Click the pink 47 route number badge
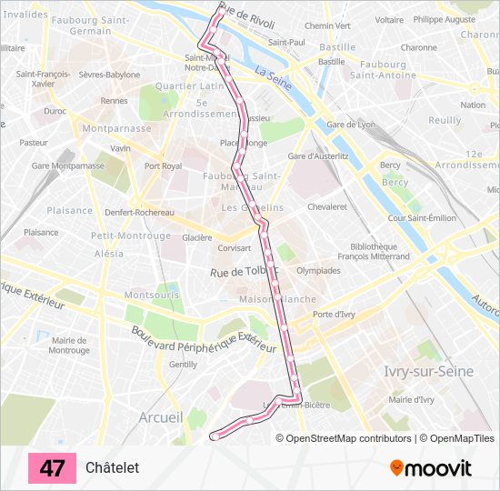[x=52, y=468]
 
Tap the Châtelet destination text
[x=112, y=468]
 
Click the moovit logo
[x=431, y=468]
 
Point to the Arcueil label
[x=161, y=417]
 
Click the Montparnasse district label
[x=116, y=129]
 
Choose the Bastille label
[x=337, y=47]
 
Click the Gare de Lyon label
[x=351, y=124]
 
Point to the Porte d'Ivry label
[x=334, y=315]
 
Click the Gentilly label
[x=183, y=364]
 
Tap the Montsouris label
[x=152, y=296]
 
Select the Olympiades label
[x=318, y=270]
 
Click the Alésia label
[x=108, y=254]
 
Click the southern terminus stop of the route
[x=215, y=436]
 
